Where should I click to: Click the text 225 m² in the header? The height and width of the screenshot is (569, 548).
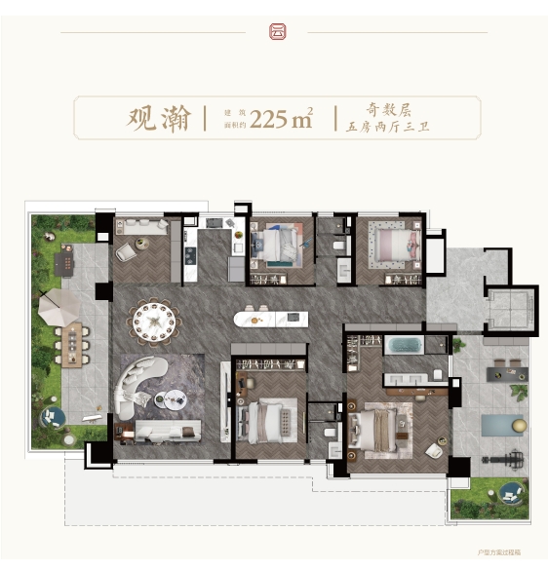tap(281, 120)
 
